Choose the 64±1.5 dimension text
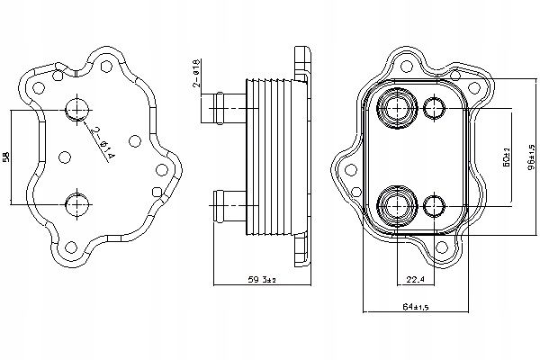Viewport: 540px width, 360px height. [417, 307]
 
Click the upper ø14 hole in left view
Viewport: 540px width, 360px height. [75, 110]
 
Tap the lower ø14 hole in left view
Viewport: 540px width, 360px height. [75, 200]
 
